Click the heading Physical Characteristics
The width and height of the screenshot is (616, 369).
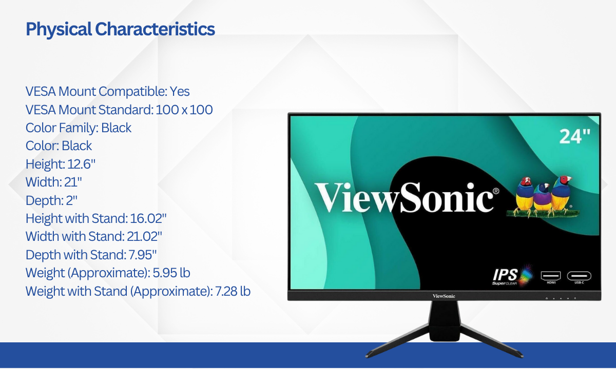point(120,29)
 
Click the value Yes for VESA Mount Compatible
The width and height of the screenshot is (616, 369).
point(180,91)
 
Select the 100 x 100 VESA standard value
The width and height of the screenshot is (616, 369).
point(184,110)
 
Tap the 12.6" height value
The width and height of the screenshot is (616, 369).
point(81,164)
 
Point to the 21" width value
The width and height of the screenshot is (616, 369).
point(73,182)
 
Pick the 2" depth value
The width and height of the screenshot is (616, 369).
point(71,200)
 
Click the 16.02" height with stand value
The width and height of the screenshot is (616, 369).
point(148,218)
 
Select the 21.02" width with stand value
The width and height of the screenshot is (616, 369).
point(144,236)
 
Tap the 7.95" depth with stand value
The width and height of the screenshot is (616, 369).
point(143,255)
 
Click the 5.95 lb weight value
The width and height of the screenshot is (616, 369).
point(171,273)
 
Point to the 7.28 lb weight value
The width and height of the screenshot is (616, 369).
point(233,291)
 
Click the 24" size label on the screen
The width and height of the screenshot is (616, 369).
point(575,136)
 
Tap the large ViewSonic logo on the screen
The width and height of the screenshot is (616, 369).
point(407,197)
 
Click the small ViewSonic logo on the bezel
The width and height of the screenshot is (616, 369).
point(444,296)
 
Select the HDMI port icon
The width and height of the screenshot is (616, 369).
point(551,277)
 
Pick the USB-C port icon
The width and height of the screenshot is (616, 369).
point(579,277)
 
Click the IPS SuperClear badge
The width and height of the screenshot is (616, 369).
point(513,276)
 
